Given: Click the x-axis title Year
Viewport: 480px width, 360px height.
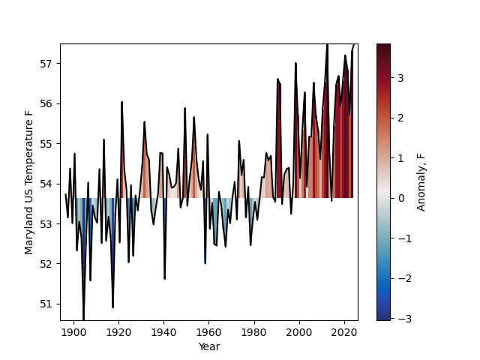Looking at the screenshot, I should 208,346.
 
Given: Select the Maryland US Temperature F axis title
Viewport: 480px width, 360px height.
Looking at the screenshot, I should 29,182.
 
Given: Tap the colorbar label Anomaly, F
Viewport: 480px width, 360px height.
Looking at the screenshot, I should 421,182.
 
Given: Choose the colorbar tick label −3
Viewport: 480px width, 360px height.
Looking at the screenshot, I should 398,318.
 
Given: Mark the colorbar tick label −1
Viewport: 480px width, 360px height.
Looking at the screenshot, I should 398,238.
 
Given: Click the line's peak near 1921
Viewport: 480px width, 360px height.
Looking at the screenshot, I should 121,102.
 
